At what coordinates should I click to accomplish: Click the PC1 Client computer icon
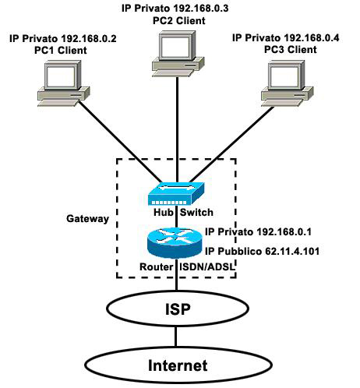coord(64,83)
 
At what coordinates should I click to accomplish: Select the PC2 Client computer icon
coord(178,54)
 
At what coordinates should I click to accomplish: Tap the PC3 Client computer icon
coord(287,83)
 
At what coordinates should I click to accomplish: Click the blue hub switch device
coord(176,194)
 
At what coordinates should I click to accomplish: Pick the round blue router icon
coord(175,242)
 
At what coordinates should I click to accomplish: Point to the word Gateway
coord(87,219)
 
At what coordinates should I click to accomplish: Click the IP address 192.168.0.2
coord(89,39)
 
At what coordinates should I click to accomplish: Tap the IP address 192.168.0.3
coord(201,9)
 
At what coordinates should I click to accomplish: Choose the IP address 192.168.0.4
coord(312,38)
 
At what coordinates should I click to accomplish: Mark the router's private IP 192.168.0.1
coord(284,231)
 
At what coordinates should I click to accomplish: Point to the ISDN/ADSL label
coord(207,267)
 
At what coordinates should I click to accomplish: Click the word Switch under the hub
coord(196,213)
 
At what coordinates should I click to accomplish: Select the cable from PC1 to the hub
coord(120,142)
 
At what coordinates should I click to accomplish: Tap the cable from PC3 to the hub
coord(231,144)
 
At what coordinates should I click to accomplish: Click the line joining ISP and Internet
coord(176,337)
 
